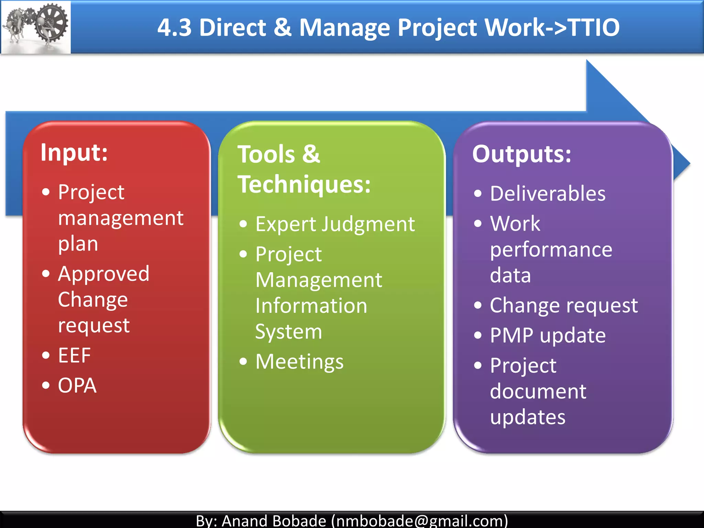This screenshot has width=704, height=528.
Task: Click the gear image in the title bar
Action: pyautogui.click(x=36, y=27)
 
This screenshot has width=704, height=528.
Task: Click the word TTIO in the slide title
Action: pyautogui.click(x=594, y=27)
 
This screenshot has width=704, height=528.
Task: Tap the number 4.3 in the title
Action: pyautogui.click(x=174, y=27)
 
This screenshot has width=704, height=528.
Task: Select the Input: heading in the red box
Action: pyautogui.click(x=74, y=152)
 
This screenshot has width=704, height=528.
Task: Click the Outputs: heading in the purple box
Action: pyautogui.click(x=521, y=154)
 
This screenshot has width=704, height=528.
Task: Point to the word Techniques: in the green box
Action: pyautogui.click(x=304, y=185)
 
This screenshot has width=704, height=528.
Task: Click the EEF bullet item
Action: pyautogui.click(x=74, y=355)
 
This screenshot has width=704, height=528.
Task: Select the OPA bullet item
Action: pyautogui.click(x=77, y=385)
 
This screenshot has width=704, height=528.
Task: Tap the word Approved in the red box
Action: pyautogui.click(x=103, y=274)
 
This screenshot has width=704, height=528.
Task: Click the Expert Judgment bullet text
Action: pyautogui.click(x=335, y=224)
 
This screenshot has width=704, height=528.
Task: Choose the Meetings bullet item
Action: pyautogui.click(x=299, y=362)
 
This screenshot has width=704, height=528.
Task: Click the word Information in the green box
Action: pyautogui.click(x=311, y=306)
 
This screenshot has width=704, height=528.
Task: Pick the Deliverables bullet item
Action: pyautogui.click(x=548, y=194)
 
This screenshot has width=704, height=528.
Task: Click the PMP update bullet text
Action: pyautogui.click(x=548, y=335)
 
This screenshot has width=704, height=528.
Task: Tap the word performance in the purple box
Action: pyautogui.click(x=551, y=250)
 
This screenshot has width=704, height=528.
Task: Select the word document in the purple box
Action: pyautogui.click(x=538, y=392)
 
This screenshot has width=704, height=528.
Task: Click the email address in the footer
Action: pyautogui.click(x=419, y=520)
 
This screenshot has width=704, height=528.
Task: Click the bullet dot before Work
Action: pyautogui.click(x=477, y=224)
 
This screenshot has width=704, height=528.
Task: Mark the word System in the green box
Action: pyautogui.click(x=288, y=332)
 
